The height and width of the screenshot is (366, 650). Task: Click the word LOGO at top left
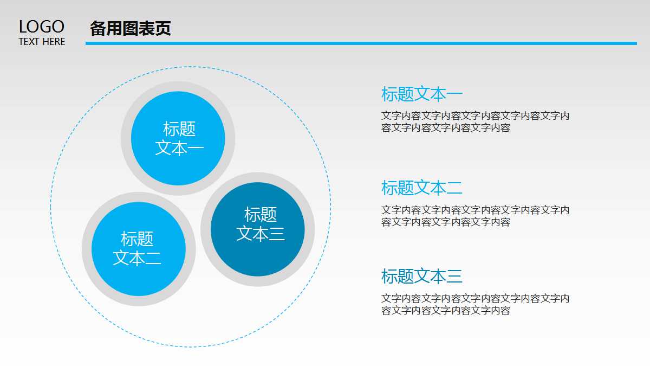pos(42,27)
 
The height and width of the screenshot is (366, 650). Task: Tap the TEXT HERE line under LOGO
pos(42,42)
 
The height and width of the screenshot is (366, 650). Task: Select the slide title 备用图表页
pos(131,28)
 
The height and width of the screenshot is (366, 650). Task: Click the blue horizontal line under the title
pos(361,43)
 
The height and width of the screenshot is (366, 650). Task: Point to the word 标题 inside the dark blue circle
pos(261,215)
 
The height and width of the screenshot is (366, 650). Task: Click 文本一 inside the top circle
pos(179,148)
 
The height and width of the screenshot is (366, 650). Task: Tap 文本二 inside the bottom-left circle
pos(137,258)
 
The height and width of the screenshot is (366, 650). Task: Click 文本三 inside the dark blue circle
pos(261,234)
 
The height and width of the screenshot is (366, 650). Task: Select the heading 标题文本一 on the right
pos(422,94)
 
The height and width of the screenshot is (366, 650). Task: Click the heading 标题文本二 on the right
pos(422,188)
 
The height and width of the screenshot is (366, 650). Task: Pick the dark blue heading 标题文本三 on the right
pos(422,277)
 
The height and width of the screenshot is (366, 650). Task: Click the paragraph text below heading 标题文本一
pos(475,122)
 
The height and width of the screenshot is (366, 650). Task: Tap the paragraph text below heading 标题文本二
pos(475,216)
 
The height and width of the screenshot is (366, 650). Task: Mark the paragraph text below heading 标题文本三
pos(475,304)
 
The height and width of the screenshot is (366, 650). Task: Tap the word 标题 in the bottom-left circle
pos(137,239)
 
